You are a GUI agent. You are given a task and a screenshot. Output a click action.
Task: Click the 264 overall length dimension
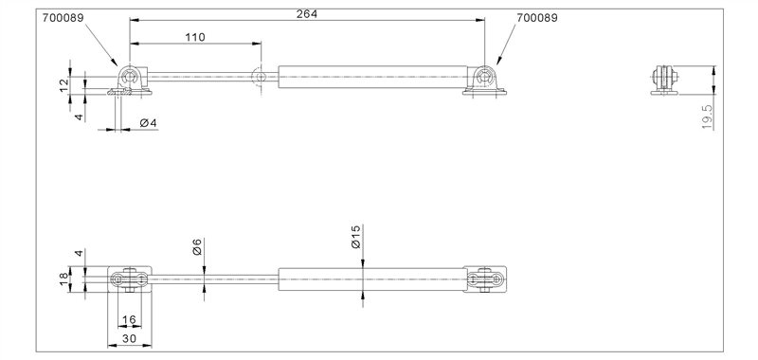pos(306,13)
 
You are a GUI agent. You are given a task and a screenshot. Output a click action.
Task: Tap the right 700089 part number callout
pos(537,16)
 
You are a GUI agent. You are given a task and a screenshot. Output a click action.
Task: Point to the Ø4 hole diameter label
pos(147,123)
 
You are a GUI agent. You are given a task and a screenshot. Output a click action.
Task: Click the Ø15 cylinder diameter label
pos(355,237)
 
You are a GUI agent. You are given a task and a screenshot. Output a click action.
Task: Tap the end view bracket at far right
pos(668,80)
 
